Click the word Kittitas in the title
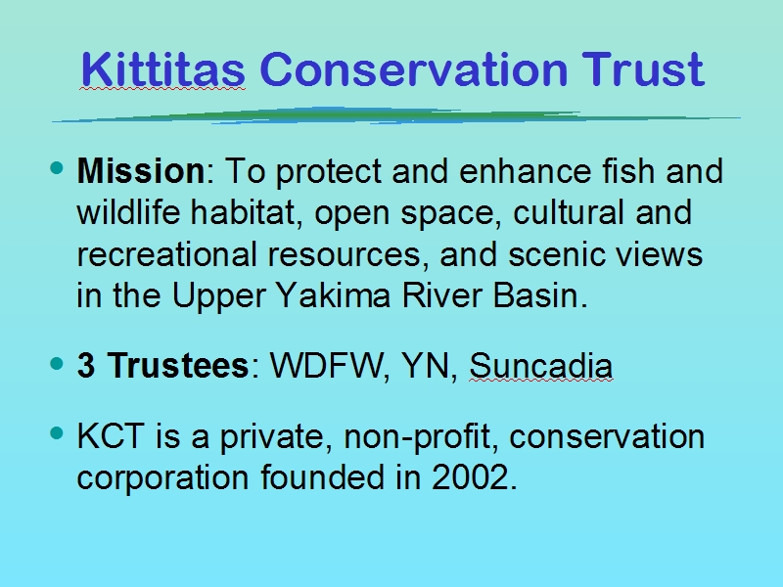coord(162,68)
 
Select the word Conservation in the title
coord(414,68)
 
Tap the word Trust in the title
coord(643,68)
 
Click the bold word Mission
coord(141,170)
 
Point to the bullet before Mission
coord(58,167)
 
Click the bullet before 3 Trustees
coord(58,363)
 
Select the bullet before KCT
coord(58,433)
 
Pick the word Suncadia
coord(541,365)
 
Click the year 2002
coord(474,477)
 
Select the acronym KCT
coord(111,435)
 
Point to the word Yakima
coord(333,295)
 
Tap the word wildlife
coord(128,211)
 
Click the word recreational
coord(166,253)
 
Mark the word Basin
coord(540,295)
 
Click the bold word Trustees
coord(178,365)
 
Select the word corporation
coord(162,478)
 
